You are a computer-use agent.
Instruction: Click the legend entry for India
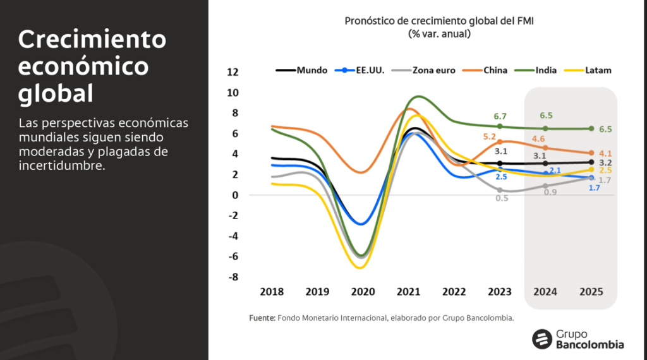pos(541,70)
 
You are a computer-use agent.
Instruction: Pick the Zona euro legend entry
pos(426,70)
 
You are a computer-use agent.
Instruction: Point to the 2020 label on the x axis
pos(363,292)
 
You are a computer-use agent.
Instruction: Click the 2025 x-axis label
pos(591,292)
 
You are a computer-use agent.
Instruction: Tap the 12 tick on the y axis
pos(233,72)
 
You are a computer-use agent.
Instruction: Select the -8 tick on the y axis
pos(233,277)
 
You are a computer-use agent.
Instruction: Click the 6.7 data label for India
pos(500,116)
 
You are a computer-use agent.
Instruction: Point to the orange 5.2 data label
pos(490,136)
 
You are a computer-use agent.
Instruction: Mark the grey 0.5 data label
pos(502,198)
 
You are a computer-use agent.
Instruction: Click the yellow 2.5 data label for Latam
pos(605,171)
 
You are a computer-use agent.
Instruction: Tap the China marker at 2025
pos(591,153)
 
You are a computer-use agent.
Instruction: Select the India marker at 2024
pos(545,128)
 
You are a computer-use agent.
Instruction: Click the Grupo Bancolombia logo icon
pos(542,339)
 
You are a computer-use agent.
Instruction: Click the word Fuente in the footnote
pos(262,318)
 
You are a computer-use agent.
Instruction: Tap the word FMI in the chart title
pos(524,21)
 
